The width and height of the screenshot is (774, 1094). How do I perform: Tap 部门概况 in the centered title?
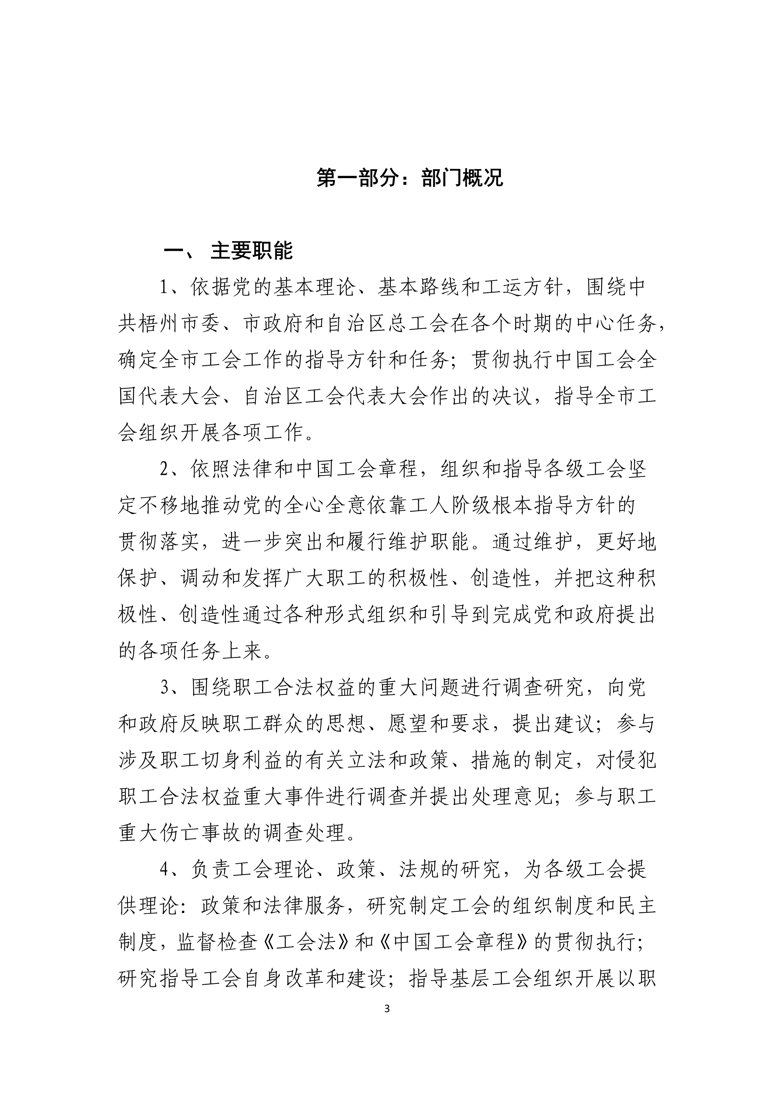point(462,179)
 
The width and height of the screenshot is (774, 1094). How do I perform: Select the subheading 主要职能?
point(252,251)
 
